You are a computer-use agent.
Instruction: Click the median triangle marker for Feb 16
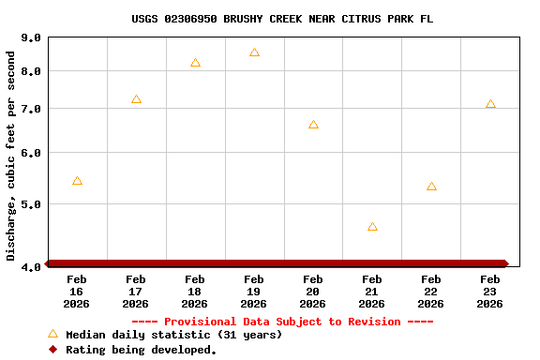coord(77,181)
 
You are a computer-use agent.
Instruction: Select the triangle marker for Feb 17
coord(136,99)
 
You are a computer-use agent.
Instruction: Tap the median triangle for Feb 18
coord(195,63)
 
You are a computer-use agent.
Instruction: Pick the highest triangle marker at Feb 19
coord(254,52)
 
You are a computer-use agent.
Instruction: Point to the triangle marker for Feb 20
coord(313,125)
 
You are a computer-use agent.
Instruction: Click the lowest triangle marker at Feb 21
coord(372,227)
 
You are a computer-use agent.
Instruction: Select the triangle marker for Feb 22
coord(431,187)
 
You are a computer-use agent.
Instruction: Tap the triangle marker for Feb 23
coord(490,104)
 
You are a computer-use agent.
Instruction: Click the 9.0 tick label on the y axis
coord(31,38)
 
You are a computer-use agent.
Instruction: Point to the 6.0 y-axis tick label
coord(31,153)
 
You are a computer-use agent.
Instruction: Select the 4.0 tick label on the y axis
coord(31,268)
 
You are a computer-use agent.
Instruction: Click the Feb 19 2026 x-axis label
coord(254,292)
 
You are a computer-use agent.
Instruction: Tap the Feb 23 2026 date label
coord(490,292)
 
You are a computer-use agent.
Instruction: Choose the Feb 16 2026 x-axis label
coord(77,292)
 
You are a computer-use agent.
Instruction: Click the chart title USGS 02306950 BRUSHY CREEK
coord(282,19)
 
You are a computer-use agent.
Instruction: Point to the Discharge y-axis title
coord(11,156)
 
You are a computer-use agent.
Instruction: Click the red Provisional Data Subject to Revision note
coord(282,322)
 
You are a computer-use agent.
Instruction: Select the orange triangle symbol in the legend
coord(52,334)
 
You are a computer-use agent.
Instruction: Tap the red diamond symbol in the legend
coord(52,350)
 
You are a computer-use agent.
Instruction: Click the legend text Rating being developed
coord(141,350)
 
